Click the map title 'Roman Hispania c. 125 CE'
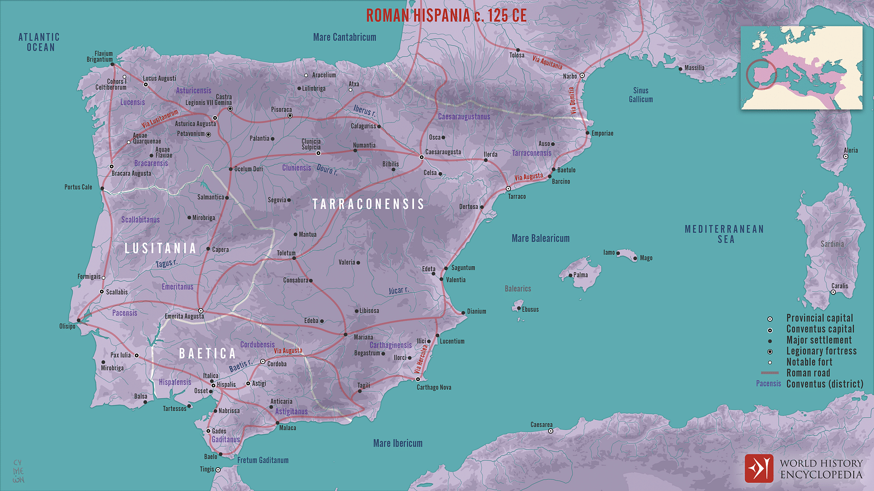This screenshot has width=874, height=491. tap(446, 15)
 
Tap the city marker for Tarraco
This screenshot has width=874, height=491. tap(508, 189)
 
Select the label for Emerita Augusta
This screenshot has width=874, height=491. tap(184, 316)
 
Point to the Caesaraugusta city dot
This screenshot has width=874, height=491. tap(422, 157)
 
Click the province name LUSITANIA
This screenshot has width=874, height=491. tap(160, 249)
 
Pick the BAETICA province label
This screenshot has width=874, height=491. tap(208, 354)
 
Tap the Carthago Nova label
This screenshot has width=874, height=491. tap(434, 387)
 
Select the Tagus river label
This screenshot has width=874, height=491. tap(166, 264)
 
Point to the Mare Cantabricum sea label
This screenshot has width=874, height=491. tap(345, 37)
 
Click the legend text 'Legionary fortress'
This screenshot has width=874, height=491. tap(821, 351)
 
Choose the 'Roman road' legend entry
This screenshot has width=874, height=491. tap(808, 373)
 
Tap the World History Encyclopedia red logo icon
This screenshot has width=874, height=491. tap(759, 468)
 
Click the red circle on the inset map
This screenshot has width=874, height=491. tap(761, 74)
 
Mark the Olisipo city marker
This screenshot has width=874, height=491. tap(79, 321)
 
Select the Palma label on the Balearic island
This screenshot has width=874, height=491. tap(581, 275)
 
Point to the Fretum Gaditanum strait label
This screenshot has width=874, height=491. tap(263, 460)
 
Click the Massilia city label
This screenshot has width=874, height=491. tap(694, 68)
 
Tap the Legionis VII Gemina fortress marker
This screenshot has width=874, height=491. tap(230, 109)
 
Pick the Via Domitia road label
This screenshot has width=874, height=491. tap(572, 100)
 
